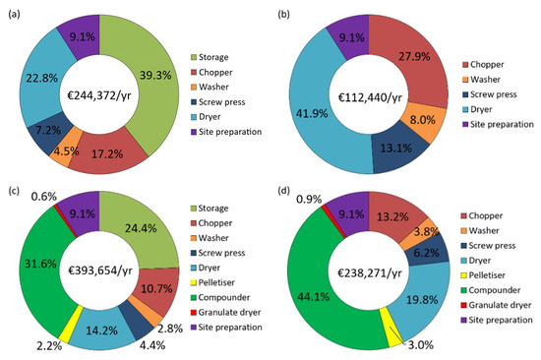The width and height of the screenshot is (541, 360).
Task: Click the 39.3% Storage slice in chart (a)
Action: [155, 80]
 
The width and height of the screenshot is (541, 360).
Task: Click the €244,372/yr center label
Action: [99, 95]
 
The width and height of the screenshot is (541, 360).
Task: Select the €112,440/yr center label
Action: [370, 97]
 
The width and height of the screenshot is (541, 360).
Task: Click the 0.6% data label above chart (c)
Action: [44, 197]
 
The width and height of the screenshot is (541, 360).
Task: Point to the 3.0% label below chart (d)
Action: [421, 345]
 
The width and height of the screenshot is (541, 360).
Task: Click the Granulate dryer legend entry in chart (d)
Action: [496, 305]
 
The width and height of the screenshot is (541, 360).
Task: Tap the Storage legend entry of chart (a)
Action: [210, 57]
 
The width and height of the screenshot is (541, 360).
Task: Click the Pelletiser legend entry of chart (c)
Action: [212, 282]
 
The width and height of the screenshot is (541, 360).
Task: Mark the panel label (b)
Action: [283, 14]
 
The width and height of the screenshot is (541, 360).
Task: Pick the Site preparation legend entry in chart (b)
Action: [498, 124]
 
